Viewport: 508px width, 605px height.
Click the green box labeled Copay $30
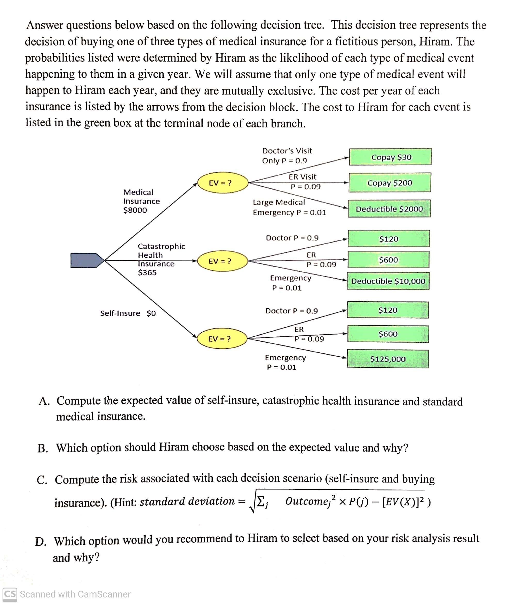click(x=390, y=157)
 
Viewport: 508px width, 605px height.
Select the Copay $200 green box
click(x=390, y=183)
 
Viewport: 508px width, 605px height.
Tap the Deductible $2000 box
click(x=389, y=209)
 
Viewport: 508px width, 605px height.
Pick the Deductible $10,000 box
click(x=388, y=281)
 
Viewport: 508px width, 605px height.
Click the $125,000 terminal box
click(x=387, y=359)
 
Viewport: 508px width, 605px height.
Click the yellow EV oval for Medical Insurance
click(x=223, y=183)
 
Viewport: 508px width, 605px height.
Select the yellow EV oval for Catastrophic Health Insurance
click(x=223, y=261)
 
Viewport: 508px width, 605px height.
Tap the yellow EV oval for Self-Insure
click(x=222, y=338)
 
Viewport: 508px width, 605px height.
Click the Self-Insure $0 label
click(x=128, y=313)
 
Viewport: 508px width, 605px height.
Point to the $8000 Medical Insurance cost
click(x=135, y=210)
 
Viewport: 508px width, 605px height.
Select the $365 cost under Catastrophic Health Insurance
click(x=147, y=272)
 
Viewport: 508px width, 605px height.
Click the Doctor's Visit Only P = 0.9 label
click(x=287, y=156)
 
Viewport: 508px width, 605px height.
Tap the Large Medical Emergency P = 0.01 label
click(x=289, y=207)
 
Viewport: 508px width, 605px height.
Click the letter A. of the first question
click(x=44, y=401)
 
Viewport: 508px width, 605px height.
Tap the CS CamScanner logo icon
click(x=10, y=594)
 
